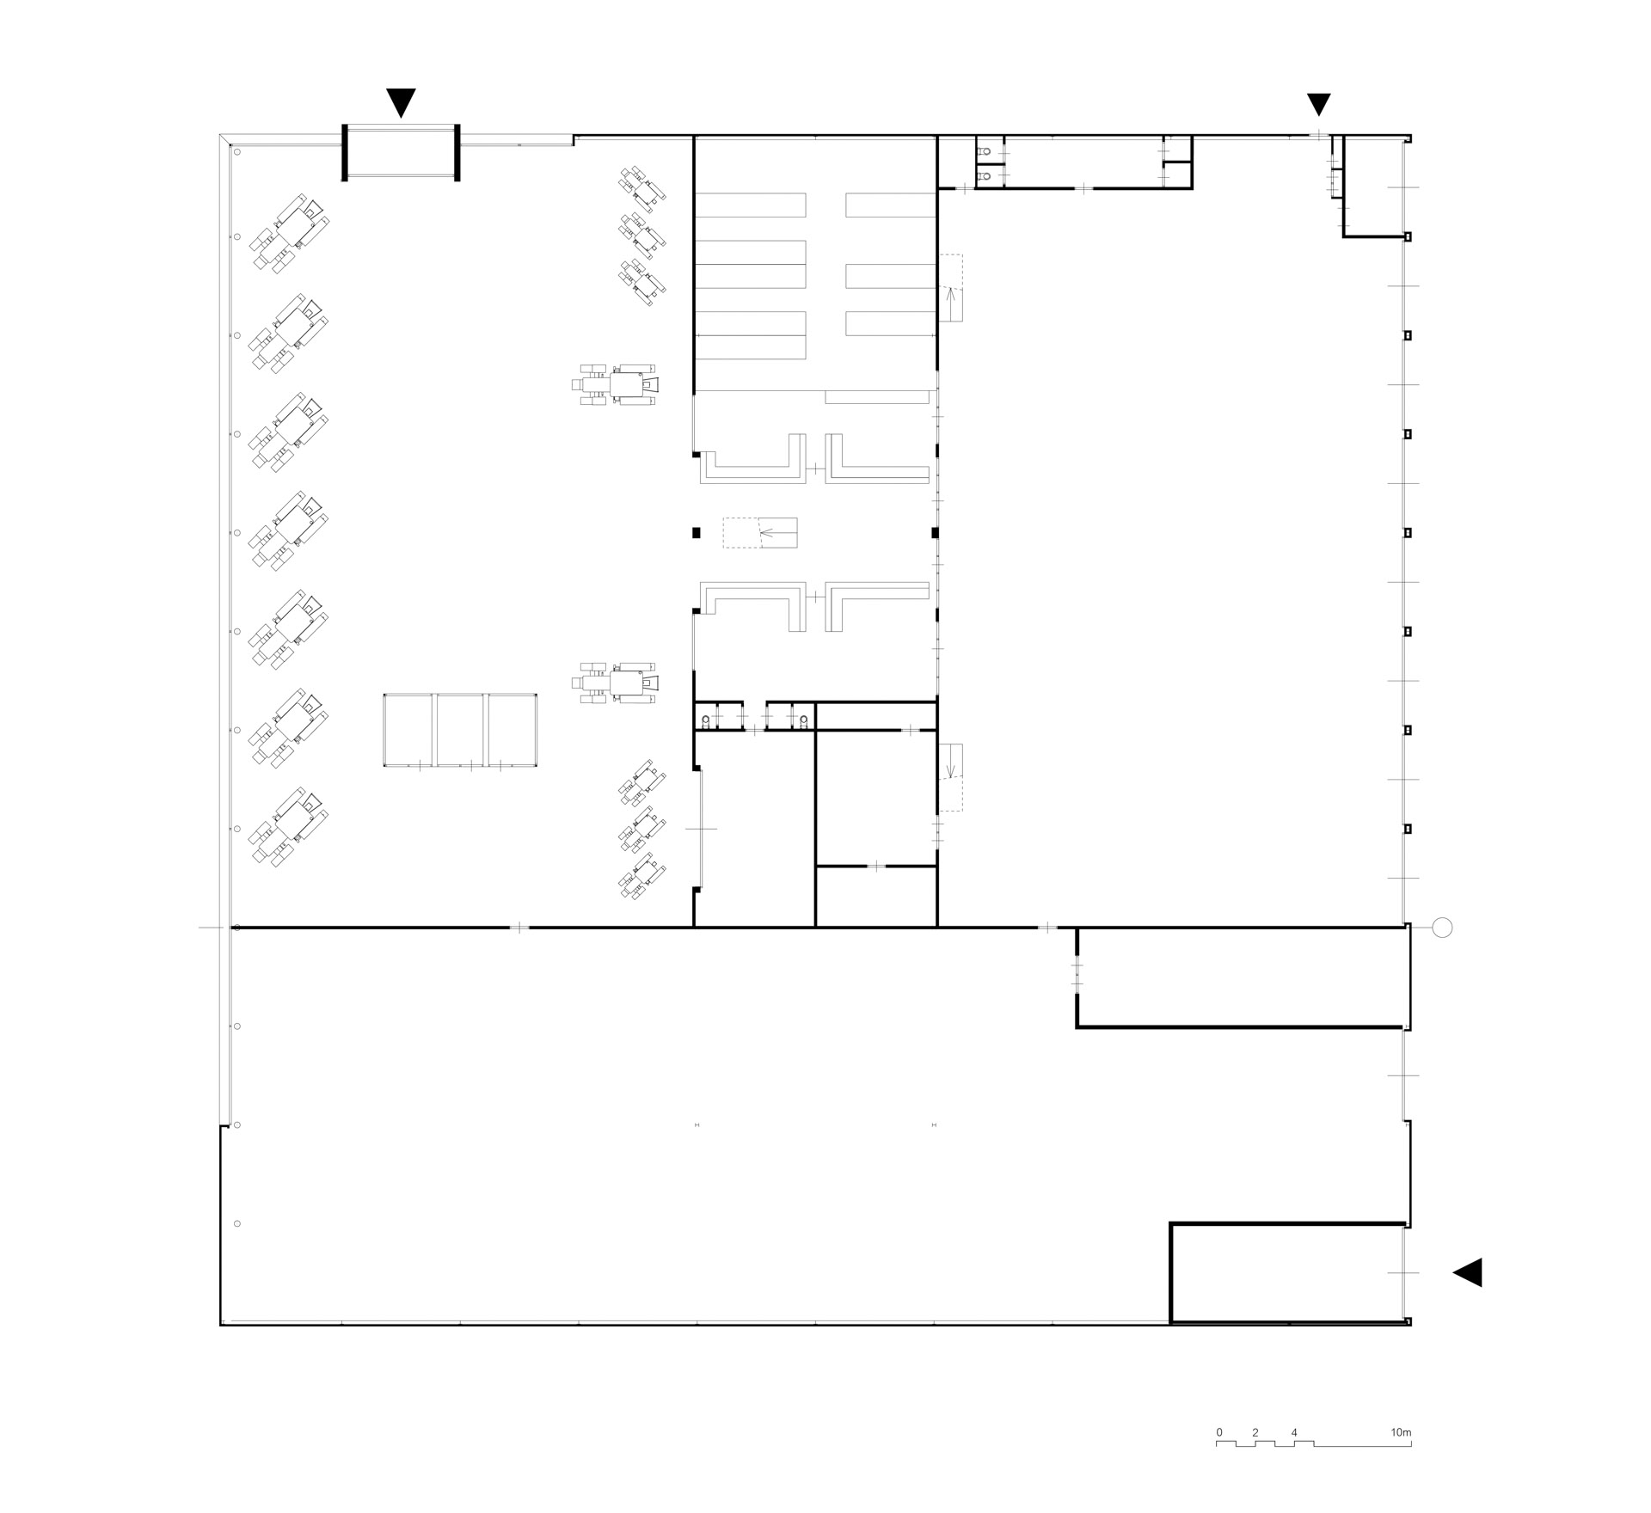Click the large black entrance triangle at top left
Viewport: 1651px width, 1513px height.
tap(401, 101)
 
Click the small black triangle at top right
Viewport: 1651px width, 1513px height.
tap(1319, 104)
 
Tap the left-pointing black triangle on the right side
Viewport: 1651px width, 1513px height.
tap(1468, 1272)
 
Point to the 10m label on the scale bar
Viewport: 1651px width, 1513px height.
tap(1401, 1433)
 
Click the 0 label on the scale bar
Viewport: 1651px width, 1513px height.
tap(1219, 1433)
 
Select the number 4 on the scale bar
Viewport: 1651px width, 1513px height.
tap(1294, 1433)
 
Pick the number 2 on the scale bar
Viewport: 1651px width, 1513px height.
tap(1255, 1433)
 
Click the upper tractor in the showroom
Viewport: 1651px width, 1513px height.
tap(617, 384)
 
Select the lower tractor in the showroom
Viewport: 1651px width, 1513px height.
tap(617, 683)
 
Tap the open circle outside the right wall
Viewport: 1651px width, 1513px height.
tap(1443, 928)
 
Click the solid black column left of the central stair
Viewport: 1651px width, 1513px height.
tap(697, 533)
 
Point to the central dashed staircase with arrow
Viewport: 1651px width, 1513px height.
tap(760, 533)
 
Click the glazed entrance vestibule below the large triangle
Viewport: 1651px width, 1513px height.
tap(401, 153)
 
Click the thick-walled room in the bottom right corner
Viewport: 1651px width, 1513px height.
tap(1288, 1272)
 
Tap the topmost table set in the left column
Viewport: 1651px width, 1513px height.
tap(290, 234)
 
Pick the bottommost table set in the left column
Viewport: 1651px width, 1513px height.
tap(290, 826)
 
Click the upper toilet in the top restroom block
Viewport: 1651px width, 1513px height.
tap(985, 151)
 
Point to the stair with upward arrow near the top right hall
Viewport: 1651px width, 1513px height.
tap(951, 288)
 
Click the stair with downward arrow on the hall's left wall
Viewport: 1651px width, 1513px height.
tap(951, 777)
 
